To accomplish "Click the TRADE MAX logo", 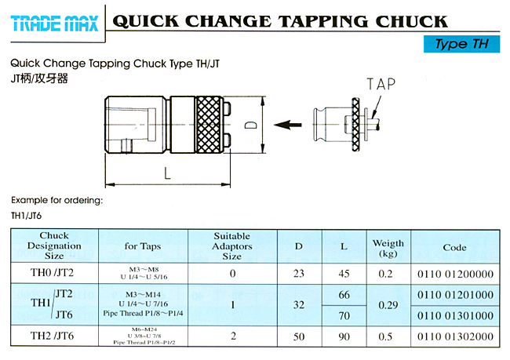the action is pos(54,24).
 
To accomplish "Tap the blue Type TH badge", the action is pos(461,44).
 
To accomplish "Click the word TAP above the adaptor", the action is pos(381,84).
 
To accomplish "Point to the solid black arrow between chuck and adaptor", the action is pos(287,125).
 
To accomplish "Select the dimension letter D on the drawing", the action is pos(251,125).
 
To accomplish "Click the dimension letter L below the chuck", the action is pos(167,173).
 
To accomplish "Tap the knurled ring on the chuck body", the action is pos(209,125).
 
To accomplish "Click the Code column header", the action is pos(455,248).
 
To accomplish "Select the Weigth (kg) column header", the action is pos(388,248).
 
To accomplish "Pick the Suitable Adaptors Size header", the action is pos(232,246).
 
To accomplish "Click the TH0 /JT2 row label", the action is pos(52,272).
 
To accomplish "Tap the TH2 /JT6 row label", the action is pos(52,336).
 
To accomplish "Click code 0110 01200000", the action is pos(455,275).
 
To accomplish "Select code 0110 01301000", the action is pos(455,315).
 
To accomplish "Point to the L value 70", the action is pos(344,315).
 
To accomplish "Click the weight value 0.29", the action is pos(388,305).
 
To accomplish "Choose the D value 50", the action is pos(299,336).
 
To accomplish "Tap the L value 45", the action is pos(344,274).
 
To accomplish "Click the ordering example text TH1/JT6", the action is pos(27,216).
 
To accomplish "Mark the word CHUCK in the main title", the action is pos(412,21).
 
